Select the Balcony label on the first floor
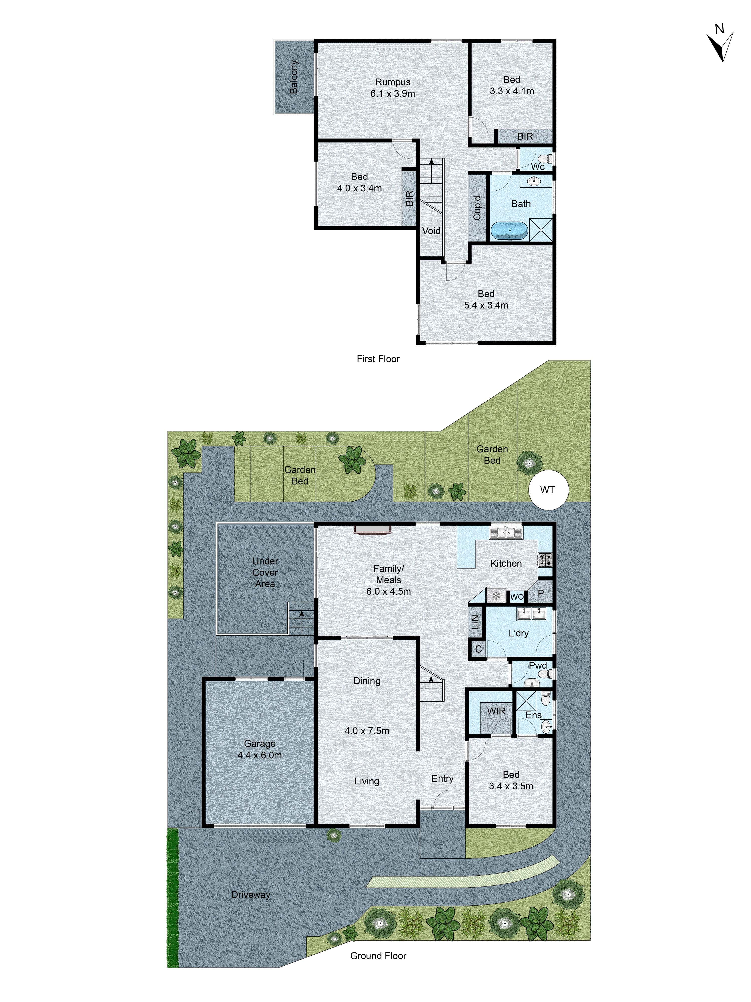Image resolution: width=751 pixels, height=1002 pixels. point(294,77)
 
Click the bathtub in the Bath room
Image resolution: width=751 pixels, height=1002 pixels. point(509,230)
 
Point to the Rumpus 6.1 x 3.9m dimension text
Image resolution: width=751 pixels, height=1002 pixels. point(393,93)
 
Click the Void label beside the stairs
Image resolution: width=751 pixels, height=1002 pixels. point(431,231)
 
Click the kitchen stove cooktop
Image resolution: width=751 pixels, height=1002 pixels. point(545,560)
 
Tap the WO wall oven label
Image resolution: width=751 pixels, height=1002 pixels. point(516,597)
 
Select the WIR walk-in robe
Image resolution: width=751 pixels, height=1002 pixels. point(496,711)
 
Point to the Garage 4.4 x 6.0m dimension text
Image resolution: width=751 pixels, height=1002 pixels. point(259,755)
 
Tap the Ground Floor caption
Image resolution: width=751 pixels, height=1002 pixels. point(378,956)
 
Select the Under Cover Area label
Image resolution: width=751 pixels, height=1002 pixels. point(265,573)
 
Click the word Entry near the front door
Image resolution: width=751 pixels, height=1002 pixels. point(442,778)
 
